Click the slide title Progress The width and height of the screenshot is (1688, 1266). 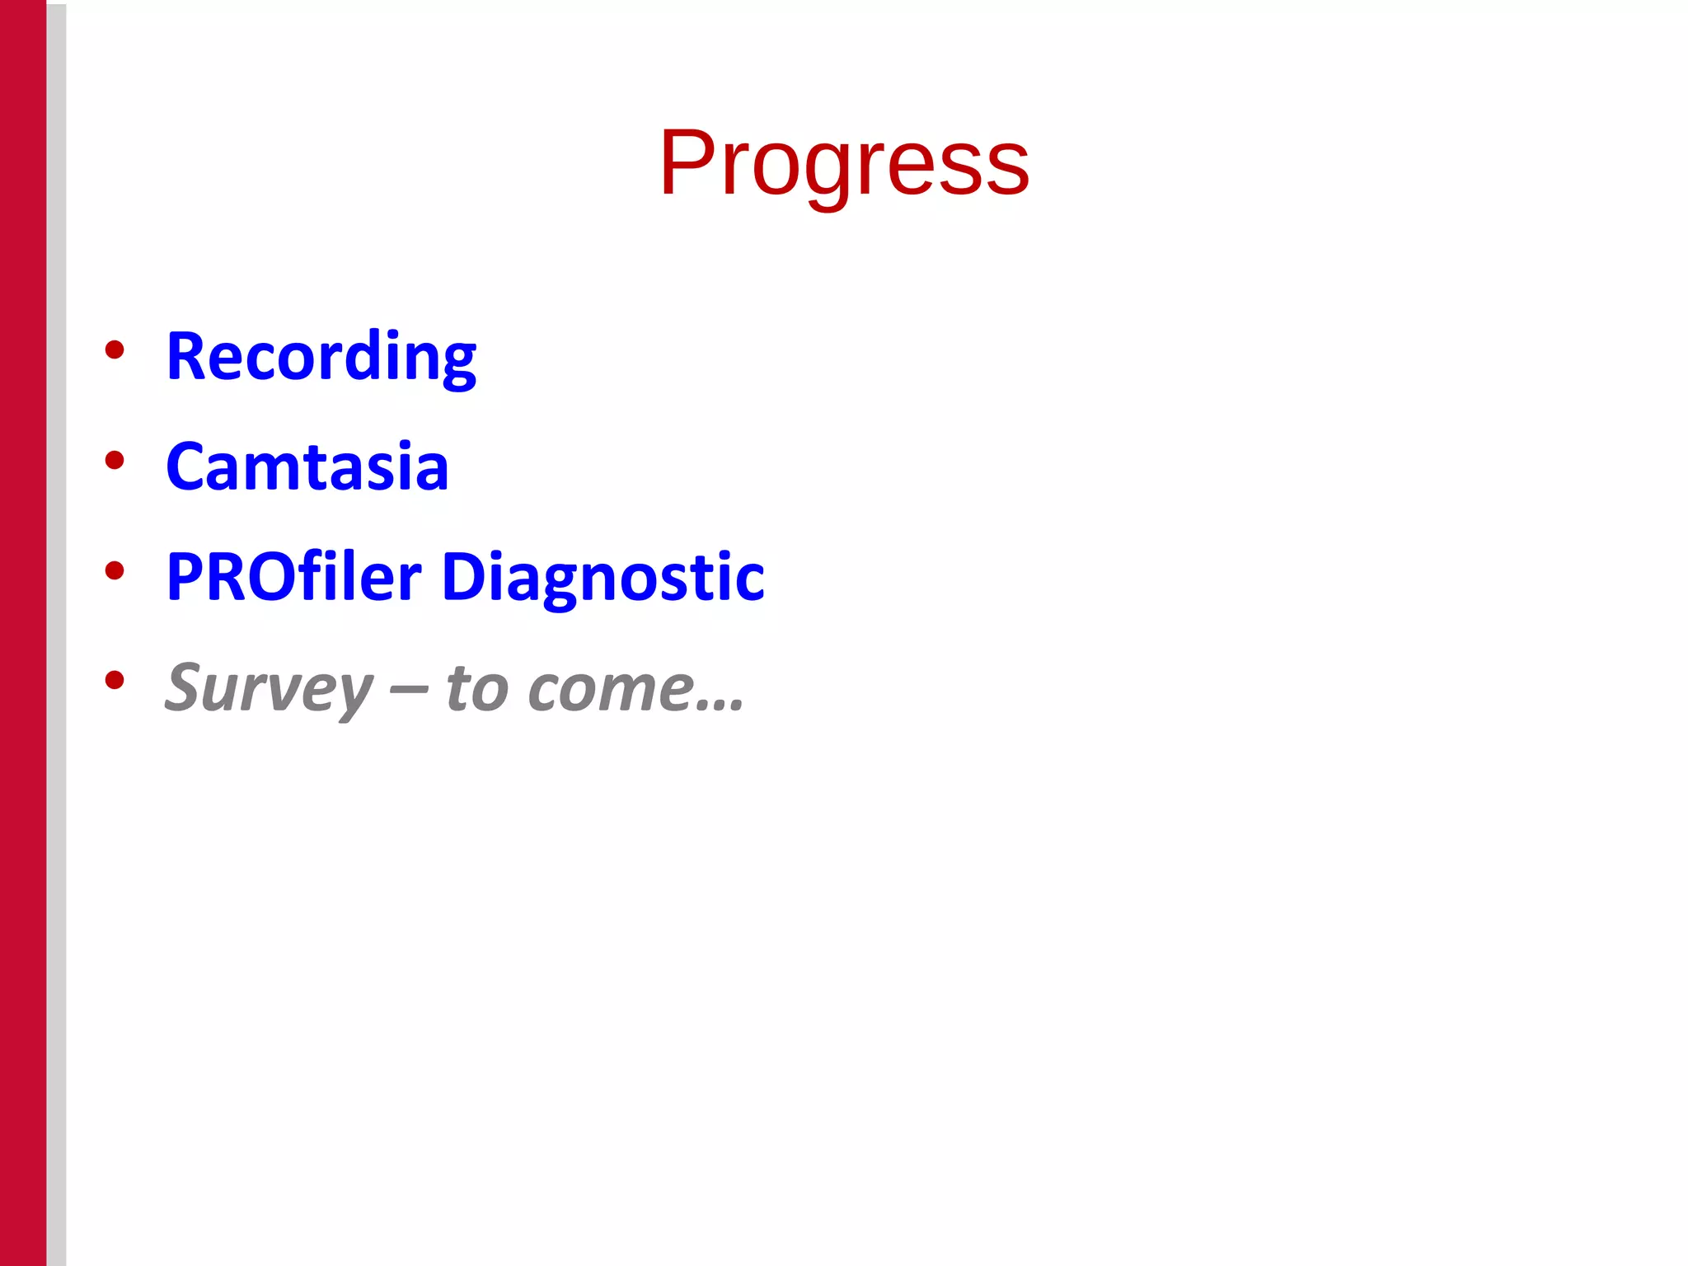tap(844, 163)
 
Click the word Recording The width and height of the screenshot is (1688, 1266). tap(321, 356)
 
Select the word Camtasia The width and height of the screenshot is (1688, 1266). tap(307, 467)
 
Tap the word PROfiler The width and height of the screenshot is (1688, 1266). tap(293, 576)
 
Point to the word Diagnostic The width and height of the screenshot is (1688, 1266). tap(603, 577)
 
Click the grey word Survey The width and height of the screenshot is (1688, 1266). tap(269, 687)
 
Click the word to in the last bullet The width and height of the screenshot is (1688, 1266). tap(477, 687)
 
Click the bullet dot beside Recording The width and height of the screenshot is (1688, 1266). tap(115, 349)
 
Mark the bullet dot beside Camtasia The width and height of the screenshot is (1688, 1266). tap(115, 460)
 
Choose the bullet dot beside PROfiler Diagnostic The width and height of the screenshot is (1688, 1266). tap(115, 570)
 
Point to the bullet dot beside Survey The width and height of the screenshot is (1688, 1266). tap(115, 680)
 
